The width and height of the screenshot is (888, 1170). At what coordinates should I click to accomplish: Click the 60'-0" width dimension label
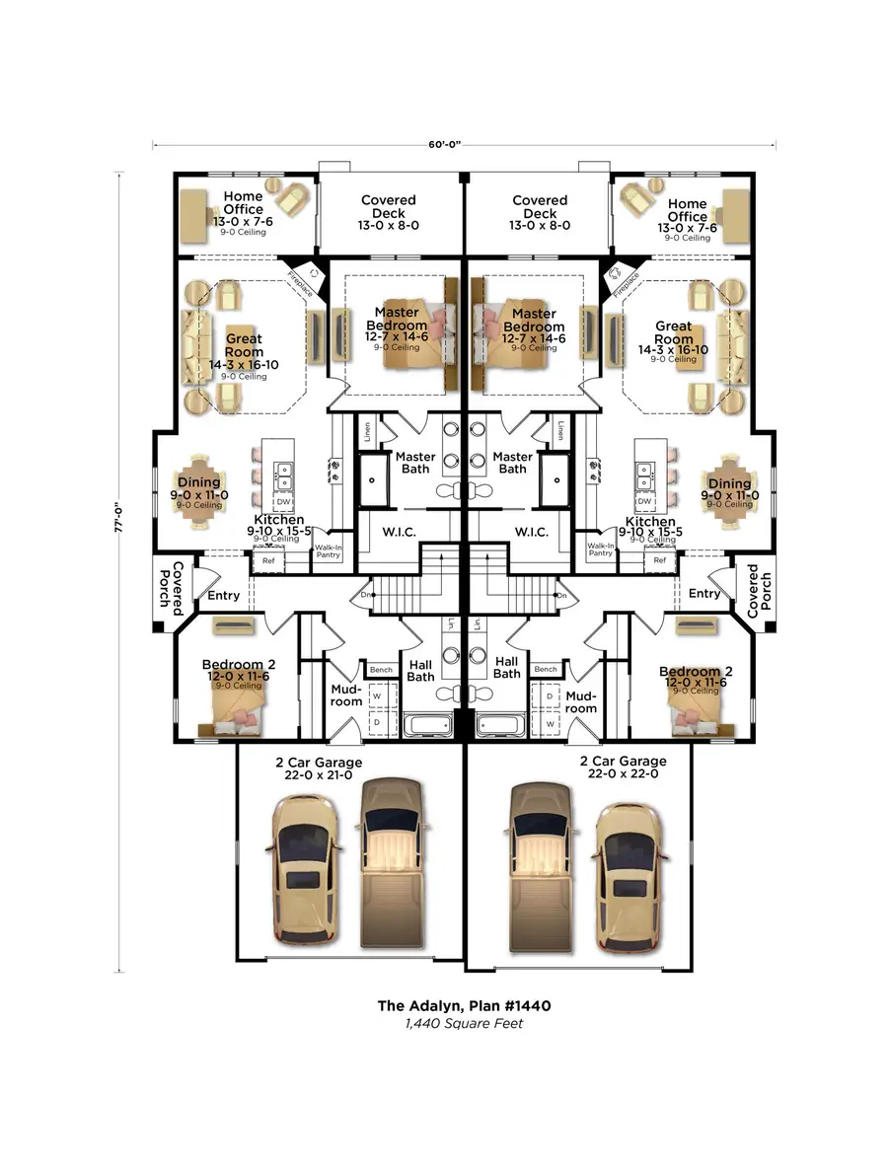444,144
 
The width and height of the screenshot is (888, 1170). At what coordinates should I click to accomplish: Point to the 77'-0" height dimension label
119,517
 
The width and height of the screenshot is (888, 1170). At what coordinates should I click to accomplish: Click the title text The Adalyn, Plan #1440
464,1006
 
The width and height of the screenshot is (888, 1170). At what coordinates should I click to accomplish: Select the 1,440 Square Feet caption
464,1024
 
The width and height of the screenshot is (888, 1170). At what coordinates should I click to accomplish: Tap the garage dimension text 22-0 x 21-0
318,776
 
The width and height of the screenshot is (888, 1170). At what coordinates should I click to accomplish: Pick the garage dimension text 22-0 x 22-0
623,774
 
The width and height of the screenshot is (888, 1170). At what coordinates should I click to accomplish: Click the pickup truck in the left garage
392,858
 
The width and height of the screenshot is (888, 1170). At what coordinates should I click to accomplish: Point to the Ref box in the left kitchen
268,560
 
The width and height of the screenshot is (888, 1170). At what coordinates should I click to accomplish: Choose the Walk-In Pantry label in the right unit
601,549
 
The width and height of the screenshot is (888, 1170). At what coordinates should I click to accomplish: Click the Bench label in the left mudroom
382,670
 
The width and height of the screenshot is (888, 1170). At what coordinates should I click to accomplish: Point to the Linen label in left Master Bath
366,431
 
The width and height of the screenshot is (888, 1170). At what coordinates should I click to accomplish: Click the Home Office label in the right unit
687,210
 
